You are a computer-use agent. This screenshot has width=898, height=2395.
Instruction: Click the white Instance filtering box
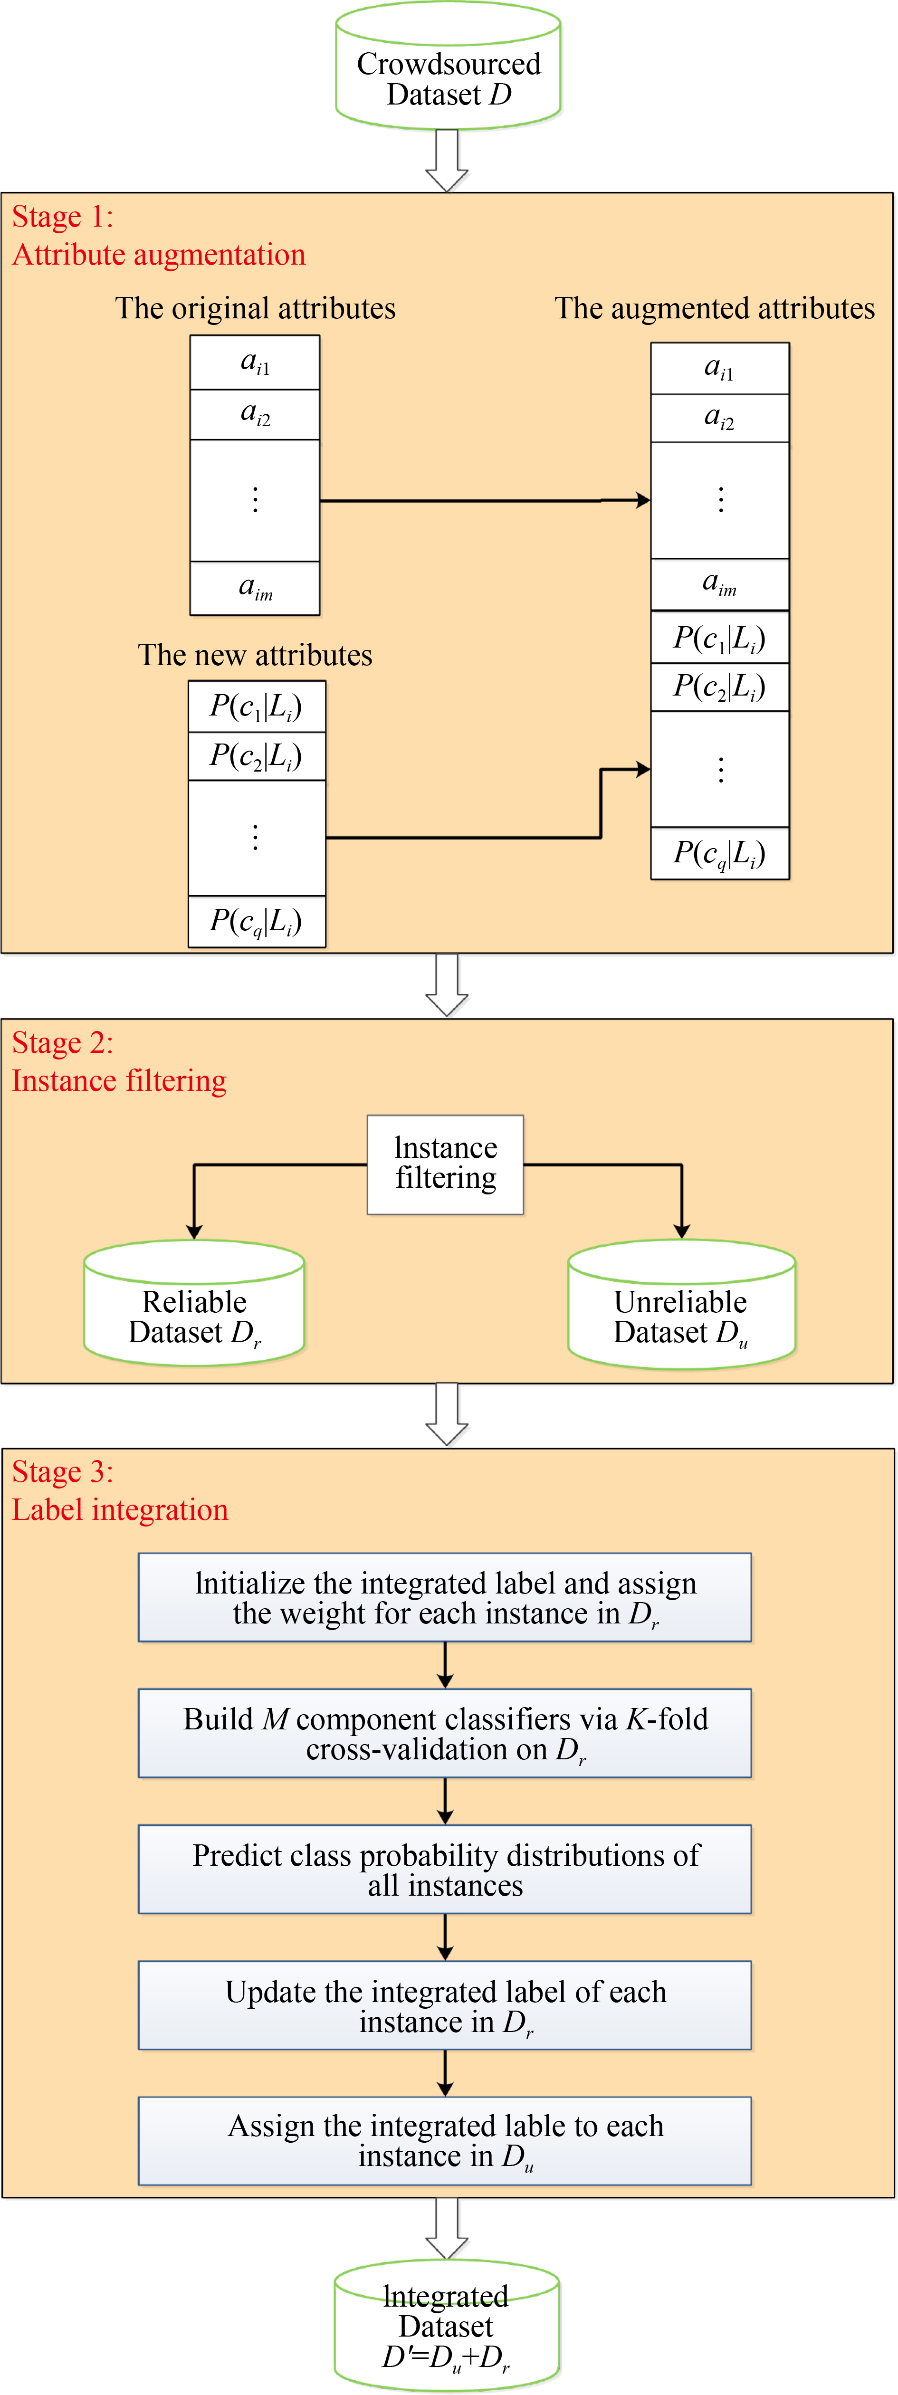tap(445, 1164)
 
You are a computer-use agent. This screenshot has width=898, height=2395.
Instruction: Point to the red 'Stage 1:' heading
tap(62, 217)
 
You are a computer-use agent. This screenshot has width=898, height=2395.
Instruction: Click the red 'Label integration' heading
tap(120, 1510)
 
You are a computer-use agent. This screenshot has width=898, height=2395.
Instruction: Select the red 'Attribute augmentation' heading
tap(159, 255)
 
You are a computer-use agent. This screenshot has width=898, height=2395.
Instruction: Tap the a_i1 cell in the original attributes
tap(255, 363)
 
